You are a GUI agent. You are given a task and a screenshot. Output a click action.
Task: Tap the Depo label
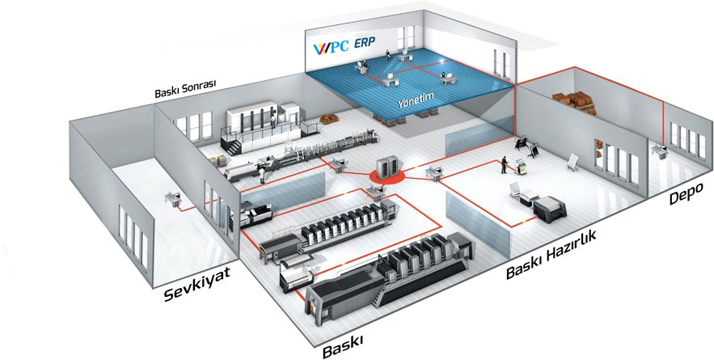[x=687, y=193]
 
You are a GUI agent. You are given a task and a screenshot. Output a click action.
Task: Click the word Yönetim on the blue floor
[x=415, y=100]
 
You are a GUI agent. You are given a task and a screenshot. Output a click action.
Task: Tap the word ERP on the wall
[x=365, y=44]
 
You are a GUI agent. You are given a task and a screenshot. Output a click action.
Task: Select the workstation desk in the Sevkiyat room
[x=173, y=197]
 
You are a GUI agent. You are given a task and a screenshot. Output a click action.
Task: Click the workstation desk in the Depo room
[x=659, y=150]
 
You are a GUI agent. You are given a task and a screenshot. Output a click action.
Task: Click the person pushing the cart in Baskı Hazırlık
[x=504, y=165]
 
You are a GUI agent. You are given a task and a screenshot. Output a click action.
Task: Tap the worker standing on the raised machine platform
[x=273, y=121]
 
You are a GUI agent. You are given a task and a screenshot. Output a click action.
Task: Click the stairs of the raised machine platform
[x=234, y=146]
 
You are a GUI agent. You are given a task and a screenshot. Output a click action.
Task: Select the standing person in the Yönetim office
[x=387, y=55]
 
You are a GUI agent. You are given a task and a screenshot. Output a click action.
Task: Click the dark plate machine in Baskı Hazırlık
[x=550, y=209]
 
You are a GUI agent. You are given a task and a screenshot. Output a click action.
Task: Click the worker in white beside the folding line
[x=262, y=175]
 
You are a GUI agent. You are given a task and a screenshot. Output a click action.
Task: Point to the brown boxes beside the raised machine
[x=329, y=119]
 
